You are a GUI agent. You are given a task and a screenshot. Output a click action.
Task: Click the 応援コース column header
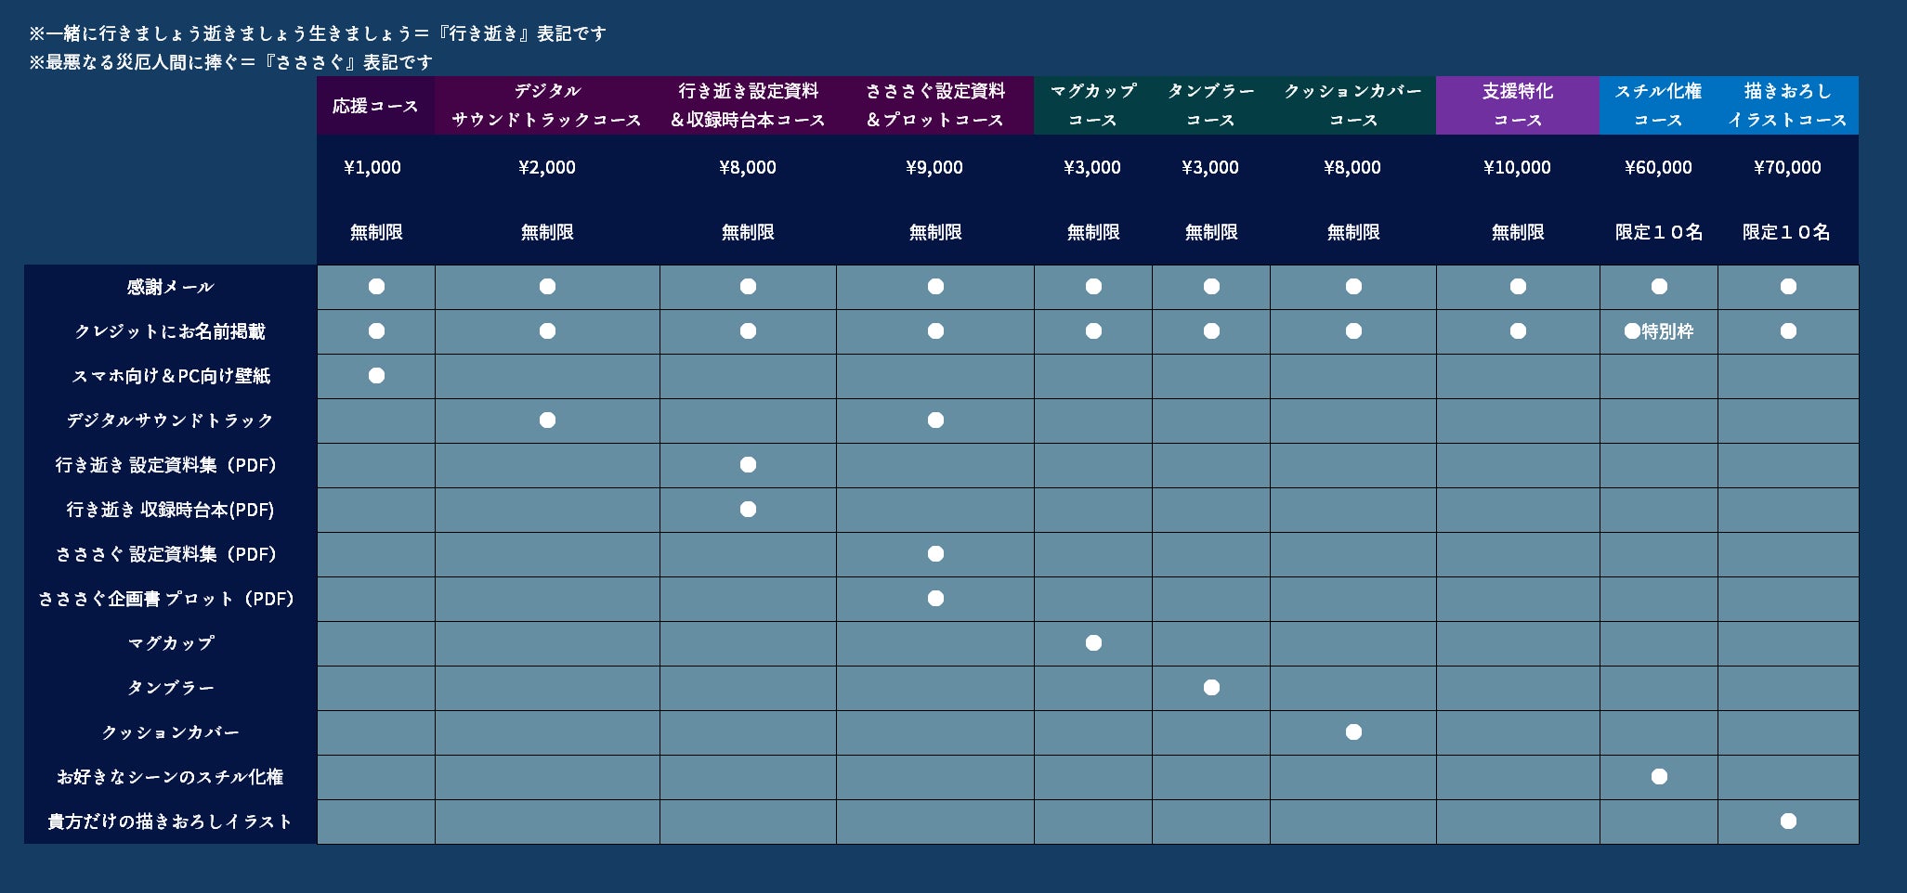(x=375, y=106)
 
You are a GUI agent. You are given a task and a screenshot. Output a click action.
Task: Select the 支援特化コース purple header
(x=1517, y=106)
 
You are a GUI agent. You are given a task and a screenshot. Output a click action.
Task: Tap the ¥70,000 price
(x=1787, y=168)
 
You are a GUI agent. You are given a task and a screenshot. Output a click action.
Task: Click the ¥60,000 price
(x=1658, y=168)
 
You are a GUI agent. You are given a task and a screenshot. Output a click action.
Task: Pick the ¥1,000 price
(x=372, y=168)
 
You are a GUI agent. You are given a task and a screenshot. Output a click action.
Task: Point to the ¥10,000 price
(x=1517, y=168)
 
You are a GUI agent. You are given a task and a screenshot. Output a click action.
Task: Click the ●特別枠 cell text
(x=1659, y=331)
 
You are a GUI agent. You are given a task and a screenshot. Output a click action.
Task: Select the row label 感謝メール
(x=171, y=287)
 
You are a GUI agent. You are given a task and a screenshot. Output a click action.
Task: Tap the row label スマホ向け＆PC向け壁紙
(x=171, y=376)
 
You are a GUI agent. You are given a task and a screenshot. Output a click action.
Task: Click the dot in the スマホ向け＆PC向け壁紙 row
(x=376, y=376)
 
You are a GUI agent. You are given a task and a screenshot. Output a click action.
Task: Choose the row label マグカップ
(x=171, y=643)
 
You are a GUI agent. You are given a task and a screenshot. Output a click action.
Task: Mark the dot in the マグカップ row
(x=1093, y=643)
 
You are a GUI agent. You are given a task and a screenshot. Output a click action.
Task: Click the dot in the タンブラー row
(x=1211, y=688)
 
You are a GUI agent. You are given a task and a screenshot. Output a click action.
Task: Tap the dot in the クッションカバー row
(x=1353, y=732)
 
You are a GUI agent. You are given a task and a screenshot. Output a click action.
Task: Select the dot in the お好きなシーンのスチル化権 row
(x=1659, y=777)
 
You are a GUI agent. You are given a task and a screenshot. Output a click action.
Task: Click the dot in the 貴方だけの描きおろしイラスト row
(x=1788, y=822)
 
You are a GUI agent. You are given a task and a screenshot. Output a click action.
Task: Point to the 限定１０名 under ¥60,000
(x=1659, y=232)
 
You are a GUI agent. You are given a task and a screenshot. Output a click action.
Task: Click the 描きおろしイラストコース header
(x=1787, y=106)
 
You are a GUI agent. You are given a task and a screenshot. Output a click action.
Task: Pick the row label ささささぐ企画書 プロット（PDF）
(x=167, y=599)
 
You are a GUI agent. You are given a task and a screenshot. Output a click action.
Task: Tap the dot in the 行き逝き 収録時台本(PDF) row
(x=748, y=510)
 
